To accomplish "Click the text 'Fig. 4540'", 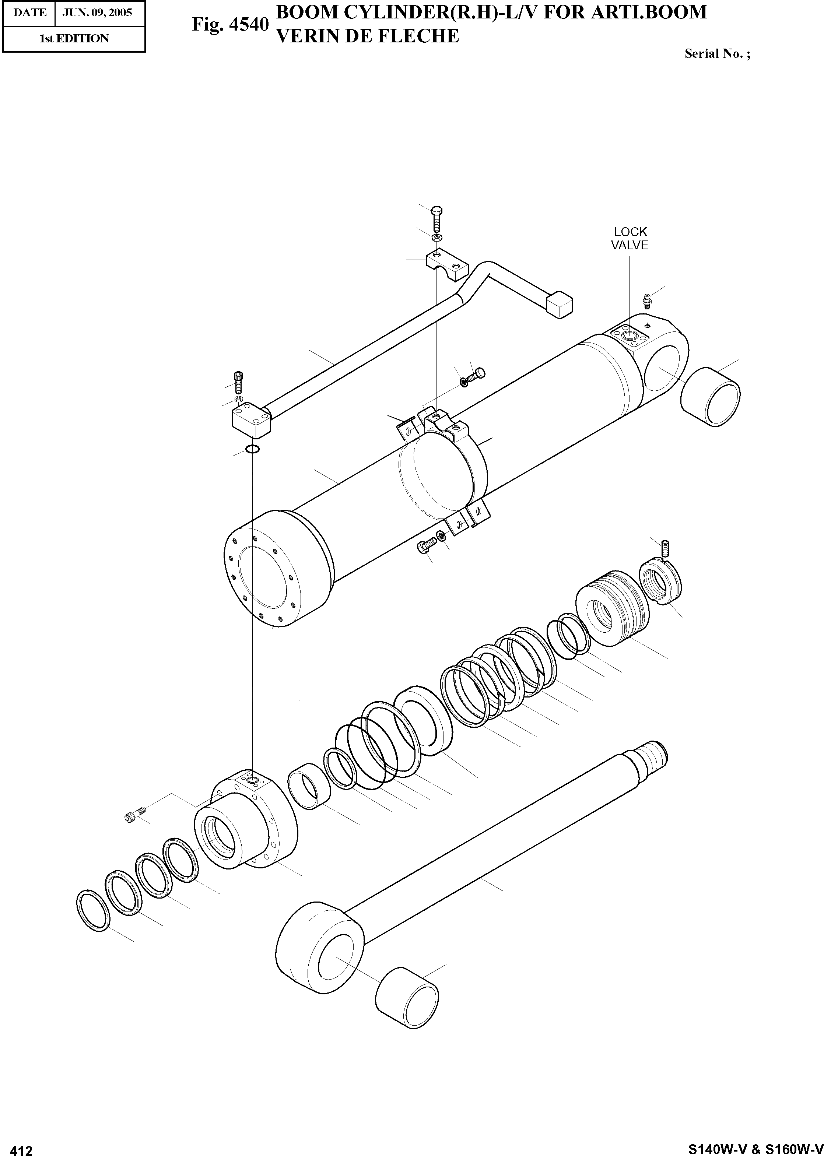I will point(229,24).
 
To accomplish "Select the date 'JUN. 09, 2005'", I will point(97,12).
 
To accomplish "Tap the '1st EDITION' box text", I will point(74,39).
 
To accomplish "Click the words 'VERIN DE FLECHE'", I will point(367,36).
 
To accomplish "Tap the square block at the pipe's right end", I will point(559,304).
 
